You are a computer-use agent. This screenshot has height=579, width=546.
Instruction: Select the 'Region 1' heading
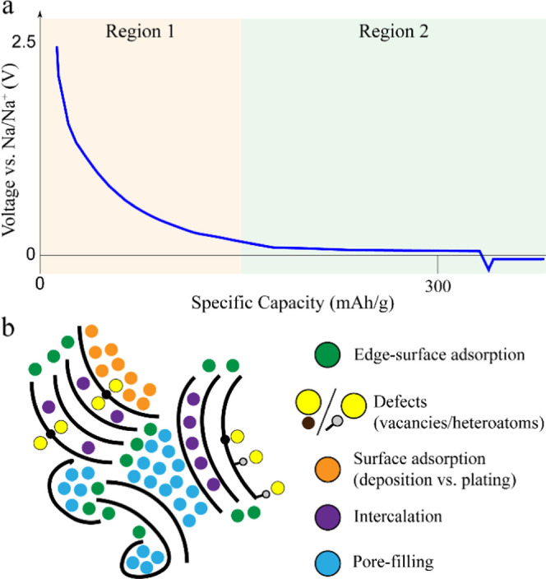pos(141,33)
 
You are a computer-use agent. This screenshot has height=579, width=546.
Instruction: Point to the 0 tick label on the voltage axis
pos(30,255)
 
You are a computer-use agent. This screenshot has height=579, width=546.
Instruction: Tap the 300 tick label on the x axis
pos(437,285)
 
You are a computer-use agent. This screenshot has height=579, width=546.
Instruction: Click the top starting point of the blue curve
pos(56,48)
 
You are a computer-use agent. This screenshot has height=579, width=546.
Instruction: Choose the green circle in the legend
pos(326,355)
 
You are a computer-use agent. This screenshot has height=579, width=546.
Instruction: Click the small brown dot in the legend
pos(307,424)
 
